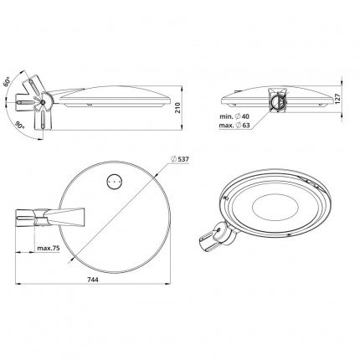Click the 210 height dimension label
coord(177,108)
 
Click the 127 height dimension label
coord(337,99)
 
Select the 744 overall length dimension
coord(93,279)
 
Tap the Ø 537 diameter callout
coord(180,159)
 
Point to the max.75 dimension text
coord(49,248)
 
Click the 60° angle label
coord(7,81)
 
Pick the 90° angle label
coord(19,125)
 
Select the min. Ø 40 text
coord(234,116)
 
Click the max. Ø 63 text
coord(234,126)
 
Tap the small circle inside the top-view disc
coord(115,182)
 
